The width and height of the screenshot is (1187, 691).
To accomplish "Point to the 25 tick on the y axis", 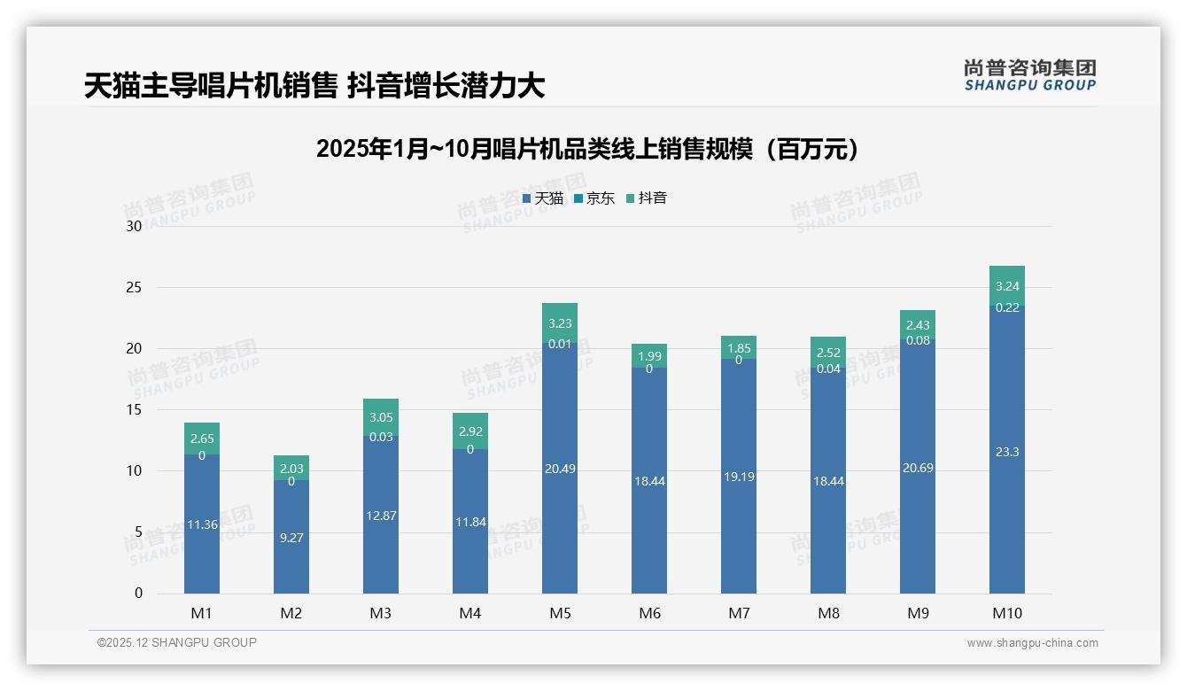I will coord(135,288).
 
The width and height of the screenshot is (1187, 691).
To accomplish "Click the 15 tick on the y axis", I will coord(135,410).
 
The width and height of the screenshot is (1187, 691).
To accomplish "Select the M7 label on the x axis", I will coord(738,613).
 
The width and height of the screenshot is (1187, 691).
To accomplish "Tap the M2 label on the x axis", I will coord(291,613).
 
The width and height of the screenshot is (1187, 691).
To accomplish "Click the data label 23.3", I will coord(1006,452).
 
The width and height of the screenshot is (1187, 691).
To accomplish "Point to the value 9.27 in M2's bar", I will coord(291,537).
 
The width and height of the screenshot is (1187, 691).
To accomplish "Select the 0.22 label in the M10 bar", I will coord(1006,307).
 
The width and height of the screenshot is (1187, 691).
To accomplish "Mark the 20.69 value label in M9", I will coord(917,468).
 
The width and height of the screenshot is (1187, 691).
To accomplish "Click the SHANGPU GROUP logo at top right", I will coord(1029,75).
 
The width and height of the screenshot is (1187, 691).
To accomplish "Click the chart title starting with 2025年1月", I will coord(587,149).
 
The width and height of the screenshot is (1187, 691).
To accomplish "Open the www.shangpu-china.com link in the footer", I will coord(1032,643).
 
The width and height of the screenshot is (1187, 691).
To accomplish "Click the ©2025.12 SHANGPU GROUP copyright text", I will coord(176,643).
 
